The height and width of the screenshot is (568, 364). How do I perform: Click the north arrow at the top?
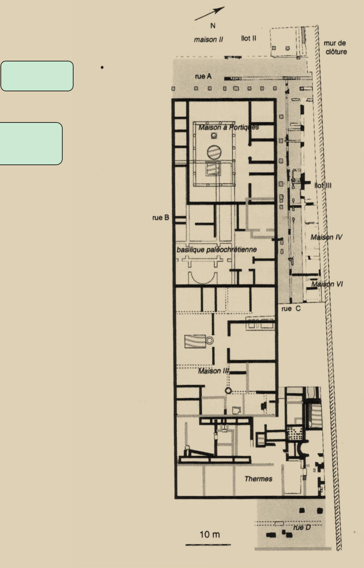(x=209, y=14)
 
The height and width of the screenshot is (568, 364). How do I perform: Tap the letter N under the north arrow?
(x=213, y=26)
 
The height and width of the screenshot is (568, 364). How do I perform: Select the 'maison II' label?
(x=208, y=40)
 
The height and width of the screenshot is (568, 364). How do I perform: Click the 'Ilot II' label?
(x=249, y=38)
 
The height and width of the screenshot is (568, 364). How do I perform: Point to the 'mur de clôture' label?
(x=336, y=47)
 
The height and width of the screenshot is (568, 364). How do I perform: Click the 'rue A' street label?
(x=203, y=76)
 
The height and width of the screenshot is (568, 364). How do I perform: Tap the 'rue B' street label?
(x=161, y=217)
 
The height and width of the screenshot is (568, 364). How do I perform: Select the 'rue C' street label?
(x=291, y=308)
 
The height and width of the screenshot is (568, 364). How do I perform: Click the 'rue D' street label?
(x=302, y=527)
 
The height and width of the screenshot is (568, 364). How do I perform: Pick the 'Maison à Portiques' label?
(x=229, y=127)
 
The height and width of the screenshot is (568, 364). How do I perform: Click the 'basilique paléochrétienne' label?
(x=217, y=250)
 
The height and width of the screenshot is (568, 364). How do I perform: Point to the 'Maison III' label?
(x=213, y=371)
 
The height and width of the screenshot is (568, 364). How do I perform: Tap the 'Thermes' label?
(x=258, y=479)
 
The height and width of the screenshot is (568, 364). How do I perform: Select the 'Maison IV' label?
(x=326, y=237)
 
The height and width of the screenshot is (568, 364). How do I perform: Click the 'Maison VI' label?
(x=327, y=284)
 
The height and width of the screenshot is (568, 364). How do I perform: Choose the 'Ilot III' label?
(x=323, y=186)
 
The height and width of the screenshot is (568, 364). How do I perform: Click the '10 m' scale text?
(x=210, y=534)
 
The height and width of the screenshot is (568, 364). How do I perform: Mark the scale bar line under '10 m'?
(x=208, y=545)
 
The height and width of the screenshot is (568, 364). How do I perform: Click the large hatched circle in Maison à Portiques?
(x=214, y=152)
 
